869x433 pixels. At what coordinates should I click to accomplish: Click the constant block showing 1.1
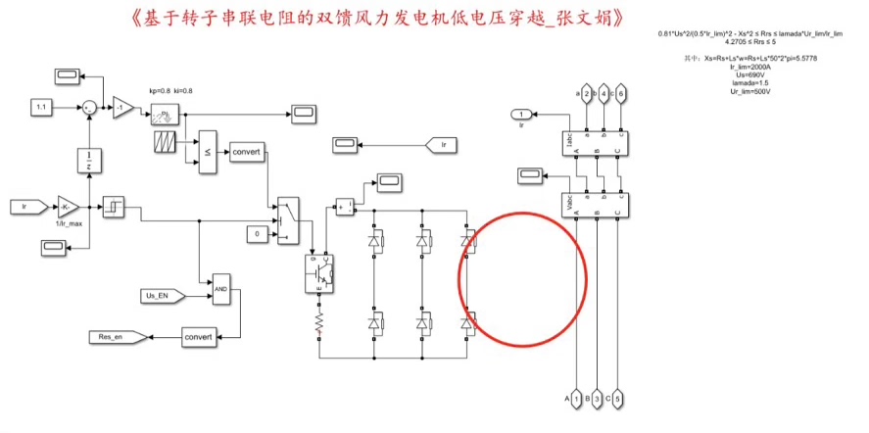pyautogui.click(x=42, y=105)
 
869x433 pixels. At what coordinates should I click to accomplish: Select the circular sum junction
pyautogui.click(x=90, y=105)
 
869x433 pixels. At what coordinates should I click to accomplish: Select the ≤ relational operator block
pyautogui.click(x=208, y=152)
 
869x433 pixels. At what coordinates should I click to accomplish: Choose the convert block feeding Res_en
pyautogui.click(x=199, y=337)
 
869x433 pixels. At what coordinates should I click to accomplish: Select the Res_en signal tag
pyautogui.click(x=117, y=337)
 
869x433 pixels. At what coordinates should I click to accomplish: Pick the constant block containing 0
pyautogui.click(x=257, y=235)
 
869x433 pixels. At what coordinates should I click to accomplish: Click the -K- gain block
pyautogui.click(x=69, y=207)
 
